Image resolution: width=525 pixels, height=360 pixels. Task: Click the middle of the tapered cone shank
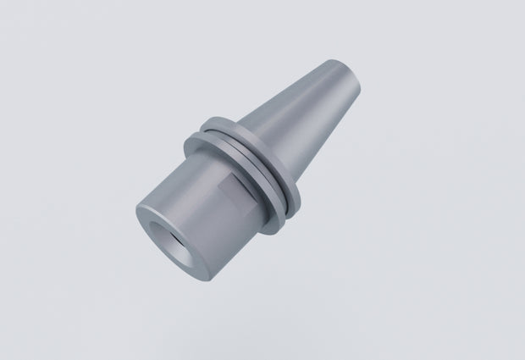pos(309,114)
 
